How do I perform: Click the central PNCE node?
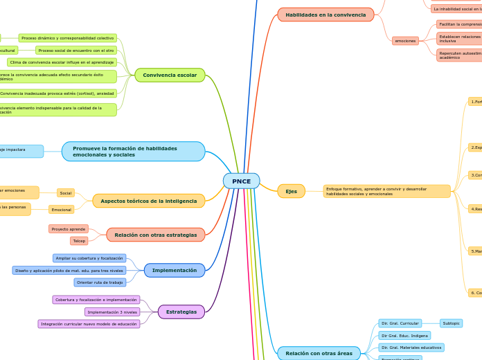(x=241, y=181)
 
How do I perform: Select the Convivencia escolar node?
(x=170, y=75)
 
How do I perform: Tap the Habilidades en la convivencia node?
(x=325, y=15)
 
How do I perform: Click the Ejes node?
(x=291, y=191)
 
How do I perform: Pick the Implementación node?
(x=175, y=270)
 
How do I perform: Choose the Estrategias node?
(x=181, y=312)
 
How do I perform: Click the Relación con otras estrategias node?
(x=156, y=235)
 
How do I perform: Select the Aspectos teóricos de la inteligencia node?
(x=148, y=201)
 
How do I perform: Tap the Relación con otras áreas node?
(x=319, y=353)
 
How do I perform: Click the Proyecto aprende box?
(x=69, y=228)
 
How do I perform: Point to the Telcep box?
(x=79, y=241)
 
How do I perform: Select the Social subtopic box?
(x=66, y=193)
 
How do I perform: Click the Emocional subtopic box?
(x=62, y=209)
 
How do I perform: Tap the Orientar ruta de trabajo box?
(x=100, y=282)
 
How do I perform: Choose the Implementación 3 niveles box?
(x=112, y=312)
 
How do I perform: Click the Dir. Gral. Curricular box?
(x=400, y=323)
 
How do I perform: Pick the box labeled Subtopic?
(x=451, y=323)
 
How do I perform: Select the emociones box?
(x=405, y=41)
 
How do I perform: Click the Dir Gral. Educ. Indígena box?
(x=404, y=335)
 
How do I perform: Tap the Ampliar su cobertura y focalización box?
(x=89, y=258)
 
